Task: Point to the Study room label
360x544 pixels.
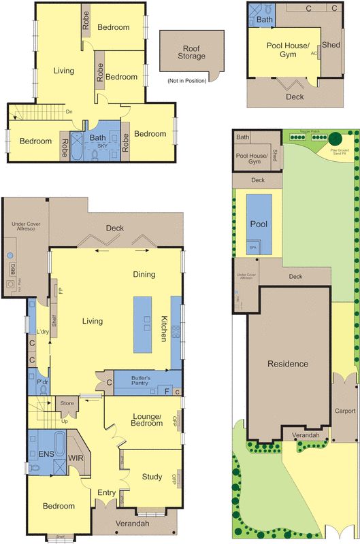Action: point(151,477)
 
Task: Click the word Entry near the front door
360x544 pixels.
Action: point(106,492)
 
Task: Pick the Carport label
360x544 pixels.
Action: point(345,411)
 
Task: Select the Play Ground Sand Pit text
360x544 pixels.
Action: point(338,152)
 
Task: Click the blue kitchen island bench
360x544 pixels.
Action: point(145,324)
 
